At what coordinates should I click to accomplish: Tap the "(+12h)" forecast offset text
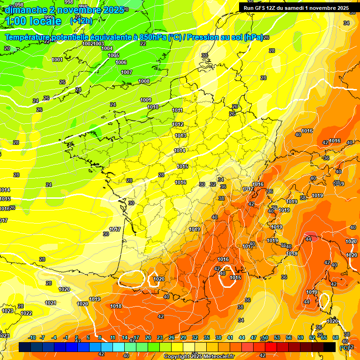tap(81, 21)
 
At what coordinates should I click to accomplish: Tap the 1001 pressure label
tap(57, 60)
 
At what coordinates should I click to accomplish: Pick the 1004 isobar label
tap(107, 48)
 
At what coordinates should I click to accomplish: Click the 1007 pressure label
tap(127, 73)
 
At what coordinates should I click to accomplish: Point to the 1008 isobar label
tap(144, 82)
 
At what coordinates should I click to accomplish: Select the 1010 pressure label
tap(153, 107)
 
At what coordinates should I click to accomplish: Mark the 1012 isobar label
tap(178, 125)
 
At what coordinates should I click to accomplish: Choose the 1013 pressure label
tap(180, 136)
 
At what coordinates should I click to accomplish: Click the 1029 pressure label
tap(83, 304)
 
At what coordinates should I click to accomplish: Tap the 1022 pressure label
tap(26, 314)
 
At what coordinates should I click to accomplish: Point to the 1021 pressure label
tap(51, 303)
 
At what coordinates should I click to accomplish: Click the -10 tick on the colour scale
tap(32, 338)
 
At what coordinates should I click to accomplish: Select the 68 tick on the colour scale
tap(336, 338)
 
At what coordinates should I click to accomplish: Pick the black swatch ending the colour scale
tap(330, 347)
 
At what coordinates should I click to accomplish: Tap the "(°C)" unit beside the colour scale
tap(344, 348)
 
